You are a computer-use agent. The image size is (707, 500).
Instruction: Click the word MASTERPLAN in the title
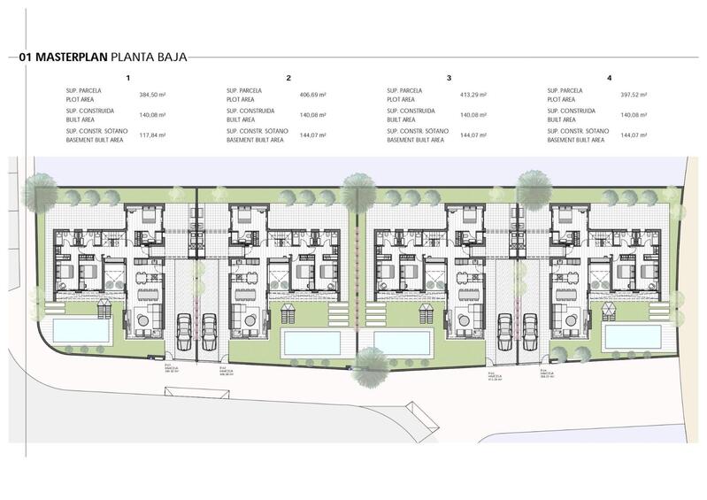75,59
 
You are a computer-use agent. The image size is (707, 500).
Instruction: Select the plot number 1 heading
128,78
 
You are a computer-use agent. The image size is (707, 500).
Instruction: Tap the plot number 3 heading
450,78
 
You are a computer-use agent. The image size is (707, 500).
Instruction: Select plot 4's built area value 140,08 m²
634,115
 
